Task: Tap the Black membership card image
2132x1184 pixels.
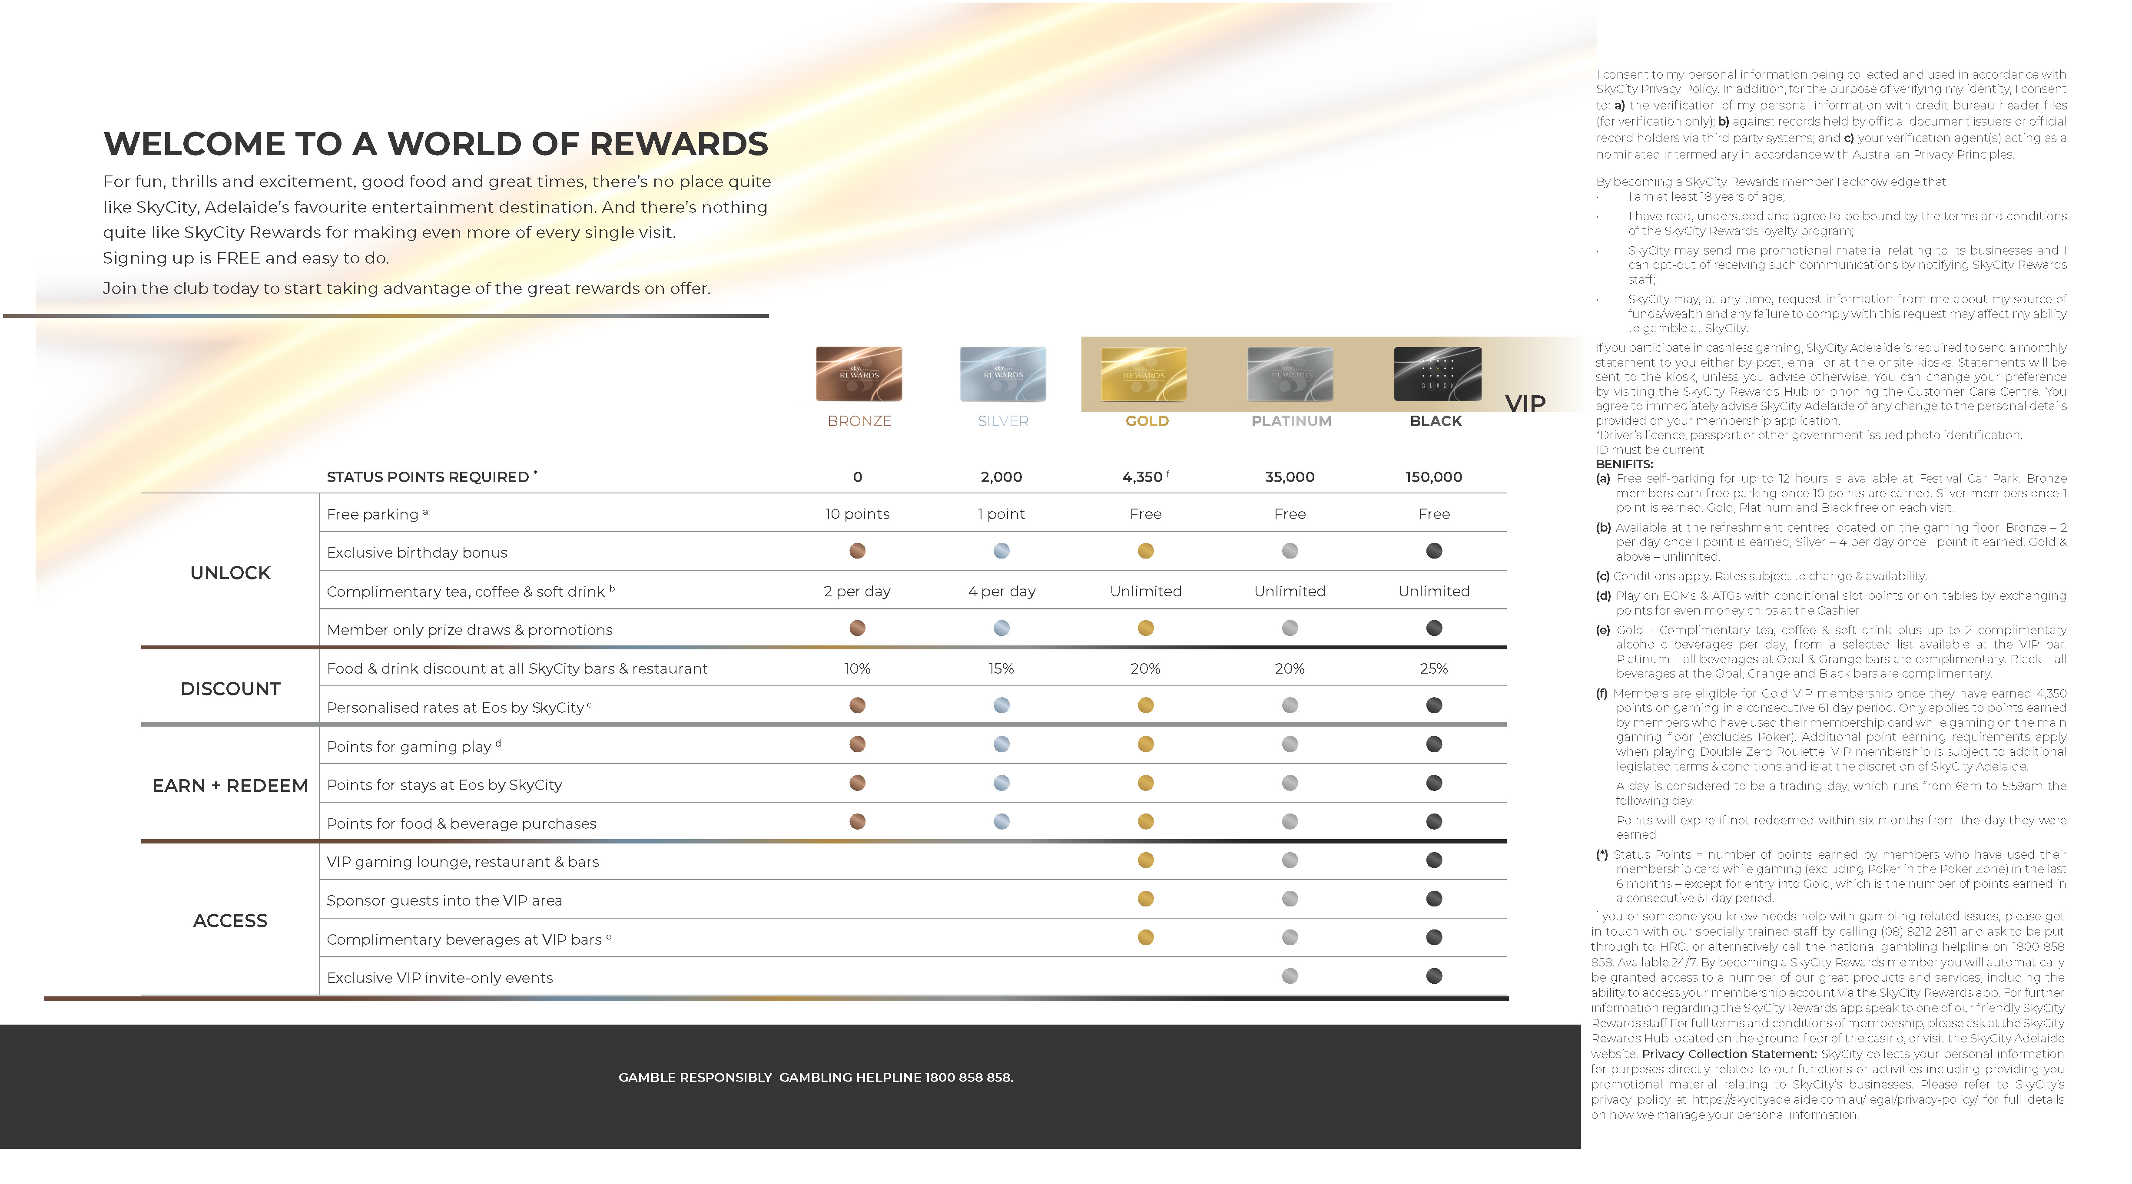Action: pyautogui.click(x=1437, y=374)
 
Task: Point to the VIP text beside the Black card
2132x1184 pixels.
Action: pyautogui.click(x=1525, y=404)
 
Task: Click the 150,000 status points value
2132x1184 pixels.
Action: pyautogui.click(x=1433, y=477)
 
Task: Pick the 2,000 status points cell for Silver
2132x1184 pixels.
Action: pyautogui.click(x=1001, y=477)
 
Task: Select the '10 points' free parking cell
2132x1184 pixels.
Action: pyautogui.click(x=857, y=514)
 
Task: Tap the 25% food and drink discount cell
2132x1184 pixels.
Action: pyautogui.click(x=1433, y=668)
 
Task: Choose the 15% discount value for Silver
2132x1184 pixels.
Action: pyautogui.click(x=1001, y=668)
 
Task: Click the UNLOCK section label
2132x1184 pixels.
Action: pyautogui.click(x=230, y=572)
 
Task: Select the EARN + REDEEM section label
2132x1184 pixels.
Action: pyautogui.click(x=230, y=785)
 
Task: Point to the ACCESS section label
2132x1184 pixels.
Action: pyautogui.click(x=230, y=921)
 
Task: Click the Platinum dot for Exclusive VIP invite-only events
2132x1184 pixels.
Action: pyautogui.click(x=1290, y=976)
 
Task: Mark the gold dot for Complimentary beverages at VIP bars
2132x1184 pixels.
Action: pyautogui.click(x=1145, y=937)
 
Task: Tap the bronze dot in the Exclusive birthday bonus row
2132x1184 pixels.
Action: pyautogui.click(x=857, y=551)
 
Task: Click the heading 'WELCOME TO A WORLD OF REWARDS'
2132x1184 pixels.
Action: pyautogui.click(x=435, y=144)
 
